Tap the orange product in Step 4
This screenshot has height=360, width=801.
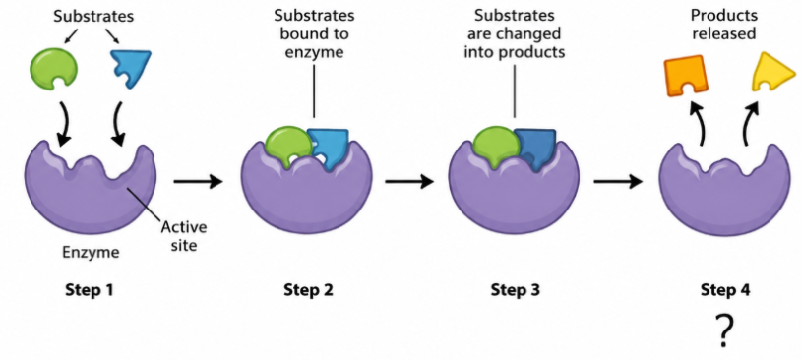(x=686, y=76)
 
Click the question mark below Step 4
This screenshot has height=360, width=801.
(x=724, y=330)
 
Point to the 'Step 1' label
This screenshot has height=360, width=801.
(x=89, y=290)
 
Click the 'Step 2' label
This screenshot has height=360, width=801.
(x=308, y=290)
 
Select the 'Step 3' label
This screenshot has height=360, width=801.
(x=515, y=290)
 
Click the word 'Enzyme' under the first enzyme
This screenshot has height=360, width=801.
(x=91, y=252)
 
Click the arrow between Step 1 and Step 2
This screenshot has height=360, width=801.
(x=199, y=181)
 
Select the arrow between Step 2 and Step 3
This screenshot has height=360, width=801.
(x=409, y=181)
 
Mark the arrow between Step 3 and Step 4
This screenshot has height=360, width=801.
(x=618, y=181)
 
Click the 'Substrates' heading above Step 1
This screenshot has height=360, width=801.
(x=93, y=17)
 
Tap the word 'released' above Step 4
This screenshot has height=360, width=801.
(x=723, y=34)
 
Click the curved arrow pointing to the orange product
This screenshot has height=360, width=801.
(x=699, y=123)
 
